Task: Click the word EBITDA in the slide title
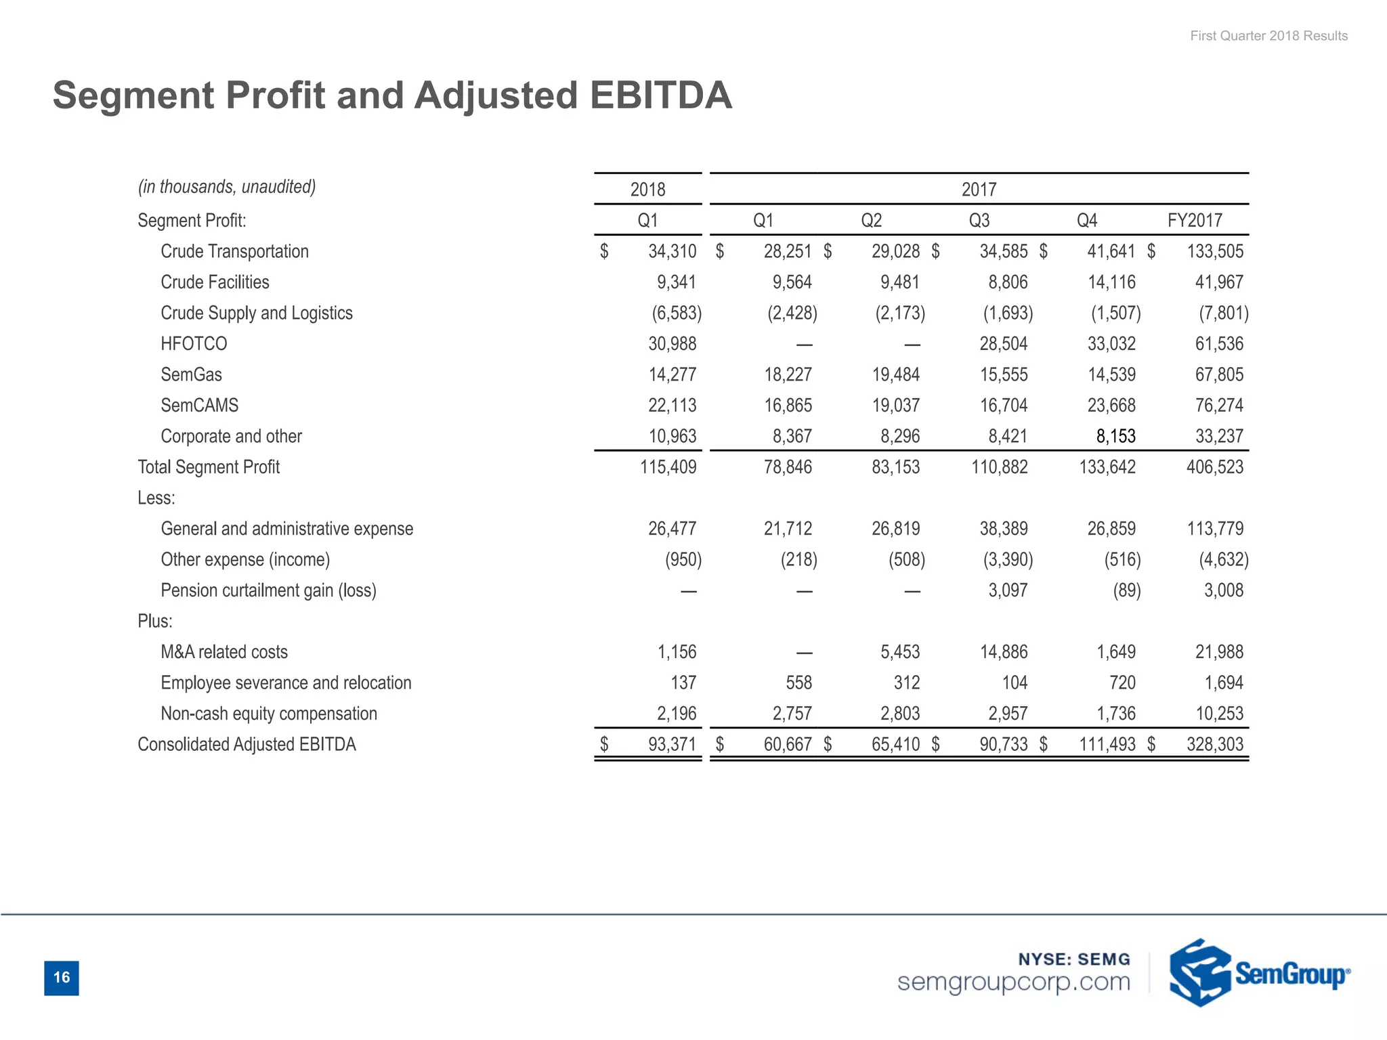pyautogui.click(x=660, y=95)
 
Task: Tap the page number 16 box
pyautogui.click(x=62, y=977)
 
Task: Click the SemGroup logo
pyautogui.click(x=1258, y=973)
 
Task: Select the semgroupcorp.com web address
pyautogui.click(x=1013, y=982)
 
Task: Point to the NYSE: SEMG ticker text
pyautogui.click(x=1074, y=959)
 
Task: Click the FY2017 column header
pyautogui.click(x=1195, y=221)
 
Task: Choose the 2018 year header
pyautogui.click(x=647, y=190)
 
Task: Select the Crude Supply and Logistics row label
pyautogui.click(x=257, y=313)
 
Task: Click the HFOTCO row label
pyautogui.click(x=194, y=344)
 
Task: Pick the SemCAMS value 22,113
pyautogui.click(x=672, y=406)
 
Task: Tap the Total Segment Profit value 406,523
pyautogui.click(x=1214, y=467)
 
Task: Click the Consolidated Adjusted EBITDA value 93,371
pyautogui.click(x=672, y=744)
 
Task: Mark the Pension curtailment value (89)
pyautogui.click(x=1126, y=590)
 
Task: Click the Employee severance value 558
pyautogui.click(x=798, y=682)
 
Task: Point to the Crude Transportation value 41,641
pyautogui.click(x=1111, y=251)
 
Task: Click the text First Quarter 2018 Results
pyautogui.click(x=1268, y=36)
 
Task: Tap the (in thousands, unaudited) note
pyautogui.click(x=227, y=187)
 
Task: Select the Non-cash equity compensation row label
pyautogui.click(x=269, y=714)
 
